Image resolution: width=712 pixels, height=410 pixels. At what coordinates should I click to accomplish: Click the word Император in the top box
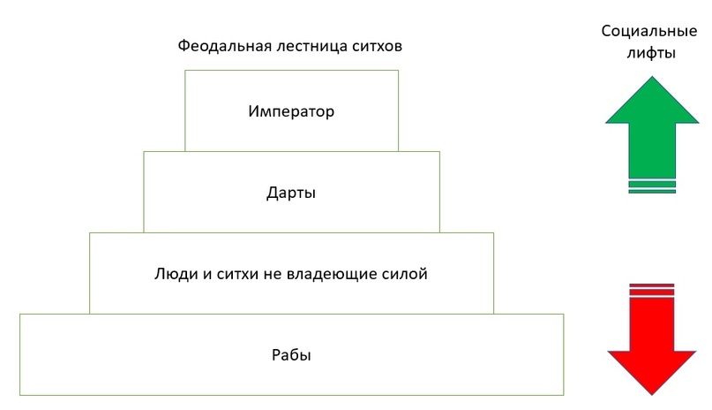click(x=291, y=111)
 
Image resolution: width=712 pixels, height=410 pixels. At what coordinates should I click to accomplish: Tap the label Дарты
click(x=291, y=193)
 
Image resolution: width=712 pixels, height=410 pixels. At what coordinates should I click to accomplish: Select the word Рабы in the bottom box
click(x=291, y=354)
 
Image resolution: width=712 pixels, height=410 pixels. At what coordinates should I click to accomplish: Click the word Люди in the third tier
click(x=176, y=274)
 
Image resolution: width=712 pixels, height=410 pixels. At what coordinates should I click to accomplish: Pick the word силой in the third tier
click(x=404, y=274)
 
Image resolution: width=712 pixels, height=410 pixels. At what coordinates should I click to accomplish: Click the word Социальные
click(x=649, y=31)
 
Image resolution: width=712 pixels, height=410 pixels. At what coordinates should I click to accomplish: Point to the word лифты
click(x=651, y=53)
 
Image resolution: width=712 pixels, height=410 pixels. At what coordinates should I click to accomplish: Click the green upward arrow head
click(x=652, y=103)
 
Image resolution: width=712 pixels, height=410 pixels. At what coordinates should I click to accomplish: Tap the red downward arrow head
click(x=652, y=369)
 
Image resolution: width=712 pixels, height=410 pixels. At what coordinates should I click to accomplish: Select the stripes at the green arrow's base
click(x=652, y=186)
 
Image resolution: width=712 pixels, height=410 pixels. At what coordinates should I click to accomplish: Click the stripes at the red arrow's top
click(x=652, y=290)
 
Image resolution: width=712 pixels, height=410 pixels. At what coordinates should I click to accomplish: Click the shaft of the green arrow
click(x=652, y=150)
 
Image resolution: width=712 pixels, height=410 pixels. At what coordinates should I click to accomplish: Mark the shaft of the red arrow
click(x=652, y=324)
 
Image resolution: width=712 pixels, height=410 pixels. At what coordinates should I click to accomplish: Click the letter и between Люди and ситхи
click(x=206, y=275)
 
